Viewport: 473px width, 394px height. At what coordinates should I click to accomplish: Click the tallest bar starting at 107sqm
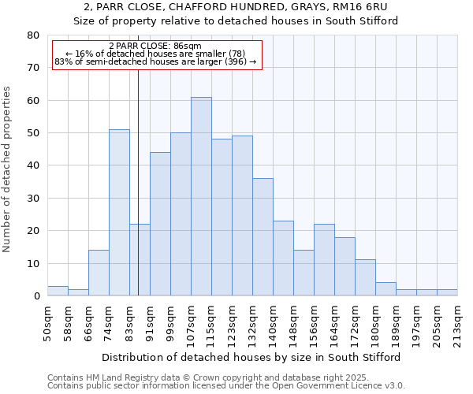click(x=201, y=197)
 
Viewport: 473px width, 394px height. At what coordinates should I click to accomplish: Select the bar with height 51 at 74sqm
click(x=119, y=213)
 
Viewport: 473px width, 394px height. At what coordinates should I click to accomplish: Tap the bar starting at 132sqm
click(x=263, y=237)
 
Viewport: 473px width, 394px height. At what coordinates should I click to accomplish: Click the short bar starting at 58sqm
click(x=78, y=292)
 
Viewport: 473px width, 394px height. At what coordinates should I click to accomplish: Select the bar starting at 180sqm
click(x=385, y=289)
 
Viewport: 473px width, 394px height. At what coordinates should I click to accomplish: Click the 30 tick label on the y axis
click(x=32, y=199)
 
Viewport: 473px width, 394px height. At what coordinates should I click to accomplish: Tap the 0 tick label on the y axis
click(x=35, y=296)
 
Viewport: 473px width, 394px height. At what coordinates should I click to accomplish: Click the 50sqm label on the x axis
click(x=47, y=324)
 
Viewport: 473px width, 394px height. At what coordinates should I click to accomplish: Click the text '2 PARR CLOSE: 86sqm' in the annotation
click(x=155, y=46)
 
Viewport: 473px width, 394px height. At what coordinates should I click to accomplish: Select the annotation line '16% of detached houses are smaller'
click(x=155, y=54)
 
